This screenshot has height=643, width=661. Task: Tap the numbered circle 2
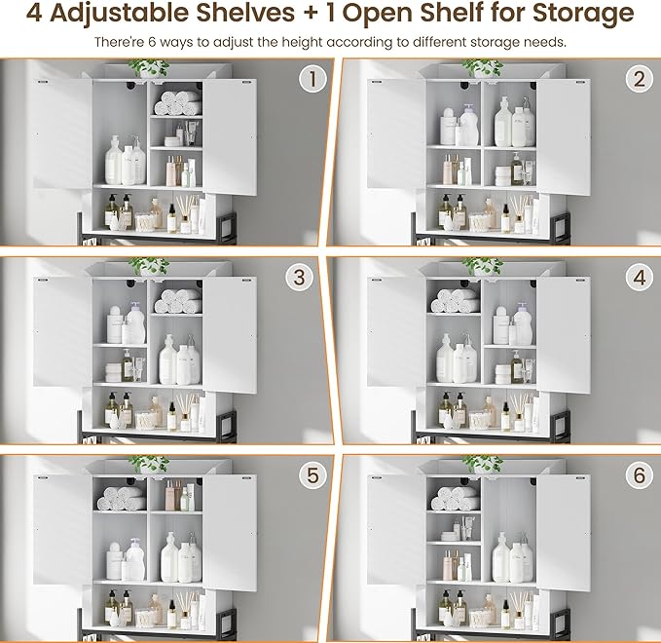point(639,79)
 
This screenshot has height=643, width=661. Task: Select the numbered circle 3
point(300,278)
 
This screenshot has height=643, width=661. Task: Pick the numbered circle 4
point(639,277)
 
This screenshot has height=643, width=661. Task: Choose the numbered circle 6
point(639,475)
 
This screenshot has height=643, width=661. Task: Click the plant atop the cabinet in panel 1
point(149,67)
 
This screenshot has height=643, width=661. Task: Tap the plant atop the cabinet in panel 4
point(482,265)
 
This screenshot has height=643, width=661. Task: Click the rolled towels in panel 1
point(177,102)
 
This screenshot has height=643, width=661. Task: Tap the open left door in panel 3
point(62,331)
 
